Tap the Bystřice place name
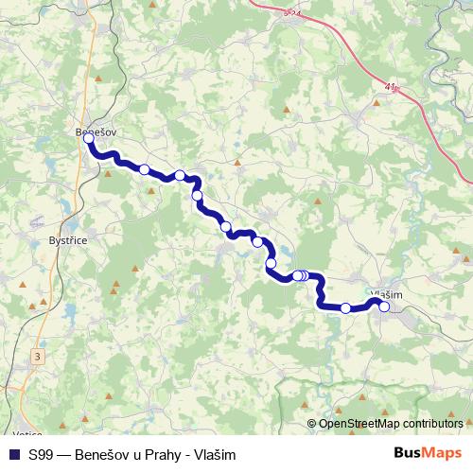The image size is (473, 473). (x=67, y=241)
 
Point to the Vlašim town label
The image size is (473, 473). (x=388, y=294)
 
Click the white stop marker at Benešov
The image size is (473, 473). (x=89, y=138)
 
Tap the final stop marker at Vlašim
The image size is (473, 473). (x=384, y=307)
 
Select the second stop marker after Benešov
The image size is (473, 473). (x=180, y=175)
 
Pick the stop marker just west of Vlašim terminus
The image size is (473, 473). (x=346, y=307)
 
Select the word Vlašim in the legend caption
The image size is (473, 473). (x=214, y=455)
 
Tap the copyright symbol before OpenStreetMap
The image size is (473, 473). (x=312, y=424)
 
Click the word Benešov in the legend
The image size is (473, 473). (x=107, y=455)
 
